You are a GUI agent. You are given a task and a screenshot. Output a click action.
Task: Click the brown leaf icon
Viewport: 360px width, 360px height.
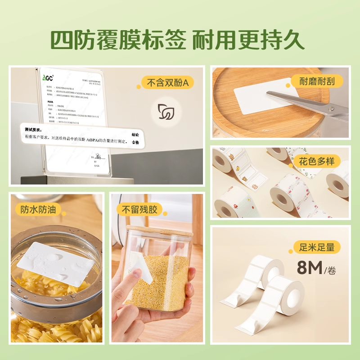point(166,112)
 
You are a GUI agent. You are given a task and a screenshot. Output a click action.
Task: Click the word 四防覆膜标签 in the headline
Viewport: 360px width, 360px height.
point(117,40)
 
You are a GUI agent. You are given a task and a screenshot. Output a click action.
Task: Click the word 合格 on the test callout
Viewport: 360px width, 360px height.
point(135,142)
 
